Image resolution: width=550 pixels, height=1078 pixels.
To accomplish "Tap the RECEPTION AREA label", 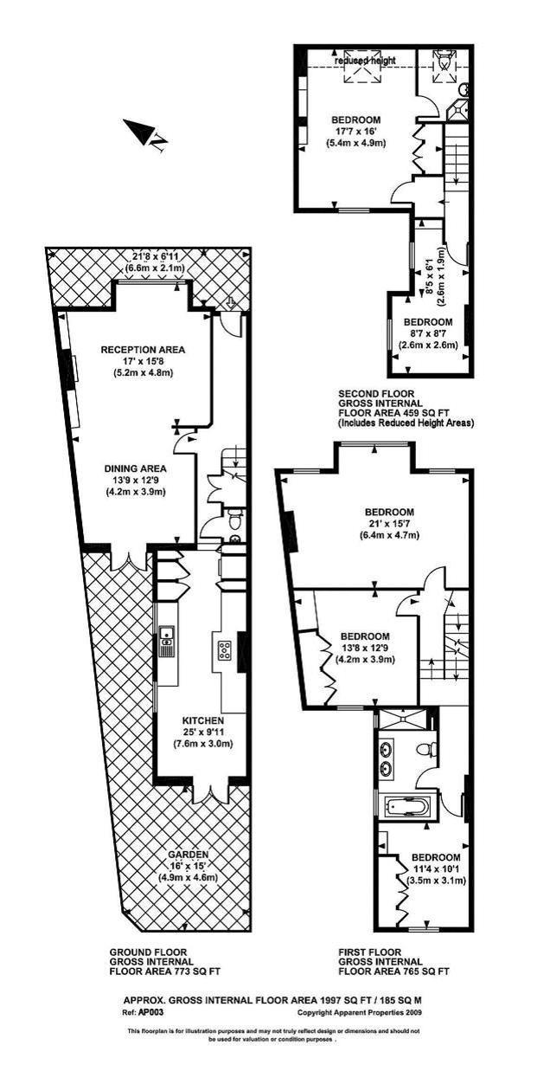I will pyautogui.click(x=144, y=350).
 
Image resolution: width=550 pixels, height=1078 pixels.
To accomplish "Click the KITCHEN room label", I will pyautogui.click(x=203, y=720).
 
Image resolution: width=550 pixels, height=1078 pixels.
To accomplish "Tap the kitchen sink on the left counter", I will pyautogui.click(x=167, y=643).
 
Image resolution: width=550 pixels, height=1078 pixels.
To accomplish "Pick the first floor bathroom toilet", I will pyautogui.click(x=425, y=749).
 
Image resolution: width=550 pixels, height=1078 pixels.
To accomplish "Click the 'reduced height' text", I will pyautogui.click(x=367, y=60).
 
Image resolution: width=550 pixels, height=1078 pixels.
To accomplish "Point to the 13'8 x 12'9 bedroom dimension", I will pyautogui.click(x=364, y=647).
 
